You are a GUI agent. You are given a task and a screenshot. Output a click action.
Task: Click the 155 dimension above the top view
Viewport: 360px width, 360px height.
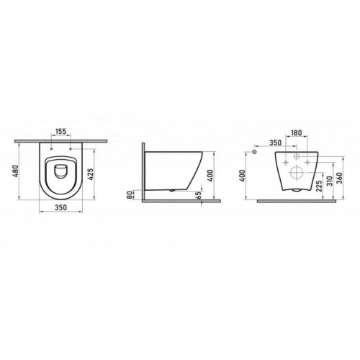coord(60,132)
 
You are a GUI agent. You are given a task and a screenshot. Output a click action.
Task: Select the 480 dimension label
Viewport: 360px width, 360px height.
coord(15,171)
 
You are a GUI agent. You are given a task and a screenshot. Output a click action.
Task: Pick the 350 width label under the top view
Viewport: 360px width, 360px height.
coord(60,207)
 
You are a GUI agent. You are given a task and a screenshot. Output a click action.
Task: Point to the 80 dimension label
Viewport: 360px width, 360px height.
coord(130,194)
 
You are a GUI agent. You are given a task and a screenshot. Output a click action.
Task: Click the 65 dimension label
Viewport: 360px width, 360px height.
coord(198,195)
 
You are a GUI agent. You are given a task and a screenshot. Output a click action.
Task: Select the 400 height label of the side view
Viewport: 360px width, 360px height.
coord(210,176)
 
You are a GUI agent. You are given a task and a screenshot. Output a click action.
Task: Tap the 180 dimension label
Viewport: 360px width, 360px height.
coord(296,132)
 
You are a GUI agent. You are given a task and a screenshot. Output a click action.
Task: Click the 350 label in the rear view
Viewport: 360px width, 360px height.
coord(275,143)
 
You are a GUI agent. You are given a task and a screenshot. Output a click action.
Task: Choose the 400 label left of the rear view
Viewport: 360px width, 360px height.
coord(243,176)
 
